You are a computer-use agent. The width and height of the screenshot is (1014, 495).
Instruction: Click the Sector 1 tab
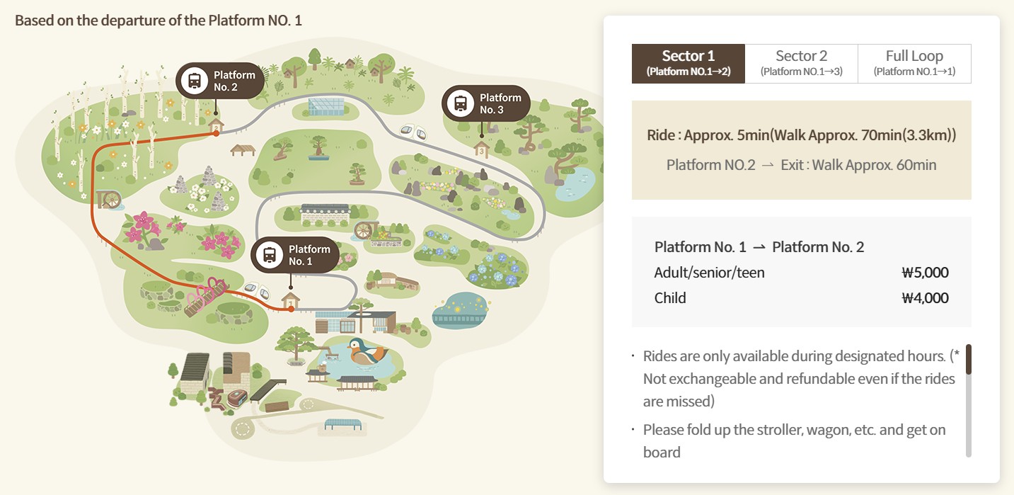[x=688, y=63]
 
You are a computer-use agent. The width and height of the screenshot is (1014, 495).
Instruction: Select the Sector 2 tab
[x=801, y=63]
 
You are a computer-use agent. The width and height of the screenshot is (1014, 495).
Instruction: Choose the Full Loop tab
[x=914, y=63]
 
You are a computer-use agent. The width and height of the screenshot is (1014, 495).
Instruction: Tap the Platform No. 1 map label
[x=295, y=255]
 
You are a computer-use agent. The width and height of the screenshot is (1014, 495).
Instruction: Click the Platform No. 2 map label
[x=220, y=81]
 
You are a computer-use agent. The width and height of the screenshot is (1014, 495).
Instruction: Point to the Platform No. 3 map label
[x=486, y=103]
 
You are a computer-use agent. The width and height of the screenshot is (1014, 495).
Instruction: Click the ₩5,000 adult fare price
[x=925, y=273]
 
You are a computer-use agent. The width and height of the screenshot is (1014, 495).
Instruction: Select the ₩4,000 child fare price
[x=925, y=298]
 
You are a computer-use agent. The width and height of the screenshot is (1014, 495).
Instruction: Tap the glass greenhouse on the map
[x=325, y=106]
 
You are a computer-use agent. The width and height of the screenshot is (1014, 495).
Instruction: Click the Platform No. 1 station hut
[x=290, y=302]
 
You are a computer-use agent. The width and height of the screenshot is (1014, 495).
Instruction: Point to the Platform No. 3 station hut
[x=481, y=149]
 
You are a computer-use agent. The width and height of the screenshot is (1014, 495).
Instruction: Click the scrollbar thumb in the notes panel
[x=969, y=359]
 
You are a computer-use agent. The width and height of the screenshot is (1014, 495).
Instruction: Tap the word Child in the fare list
[x=670, y=298]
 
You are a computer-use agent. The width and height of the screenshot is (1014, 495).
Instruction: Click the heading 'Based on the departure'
[x=159, y=20]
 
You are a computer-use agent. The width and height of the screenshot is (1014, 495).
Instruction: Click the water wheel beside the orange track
[x=110, y=199]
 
